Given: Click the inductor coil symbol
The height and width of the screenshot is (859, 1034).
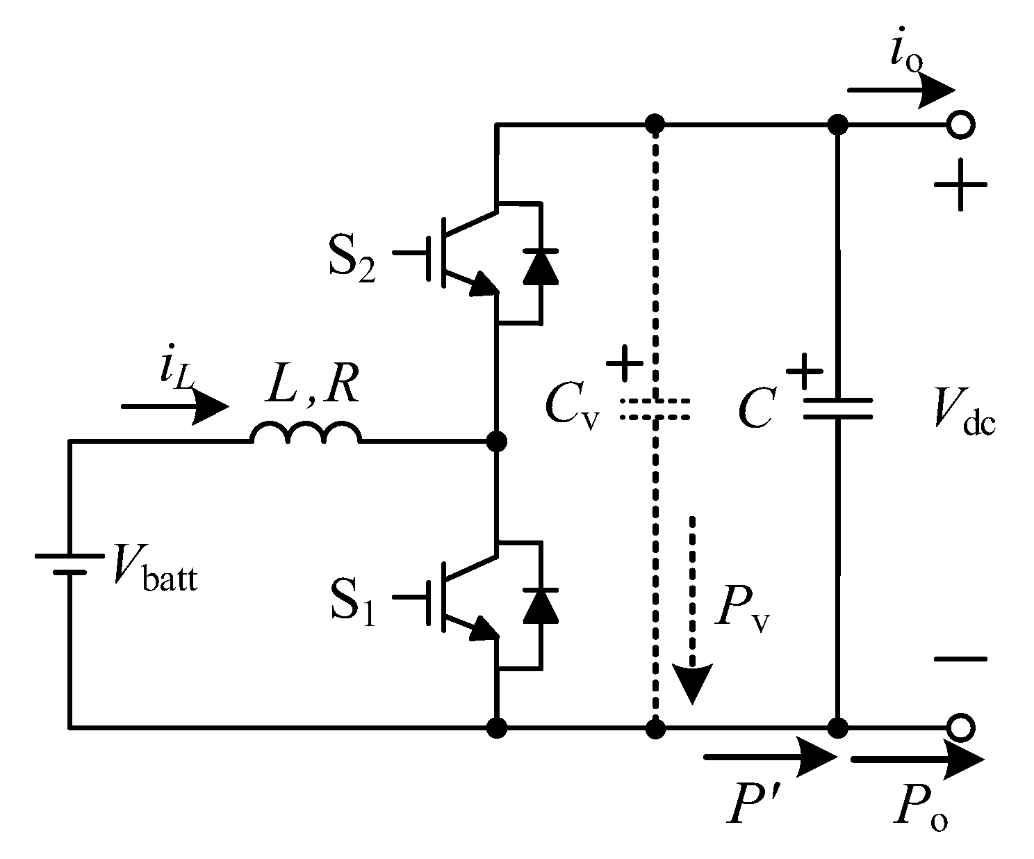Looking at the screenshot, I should click(306, 433).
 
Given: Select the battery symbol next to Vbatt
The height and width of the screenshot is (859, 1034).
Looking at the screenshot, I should click(69, 564).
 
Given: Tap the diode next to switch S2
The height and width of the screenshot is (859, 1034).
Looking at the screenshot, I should click(540, 264).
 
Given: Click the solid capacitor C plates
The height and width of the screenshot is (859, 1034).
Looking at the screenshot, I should click(837, 409).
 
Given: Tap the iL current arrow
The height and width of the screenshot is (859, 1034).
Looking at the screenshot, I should click(174, 407).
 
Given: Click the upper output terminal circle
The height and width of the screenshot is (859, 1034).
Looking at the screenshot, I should click(962, 125).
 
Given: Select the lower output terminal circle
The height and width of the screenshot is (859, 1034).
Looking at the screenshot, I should click(962, 728).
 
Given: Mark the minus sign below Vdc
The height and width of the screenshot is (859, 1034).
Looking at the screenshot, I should click(960, 659).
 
